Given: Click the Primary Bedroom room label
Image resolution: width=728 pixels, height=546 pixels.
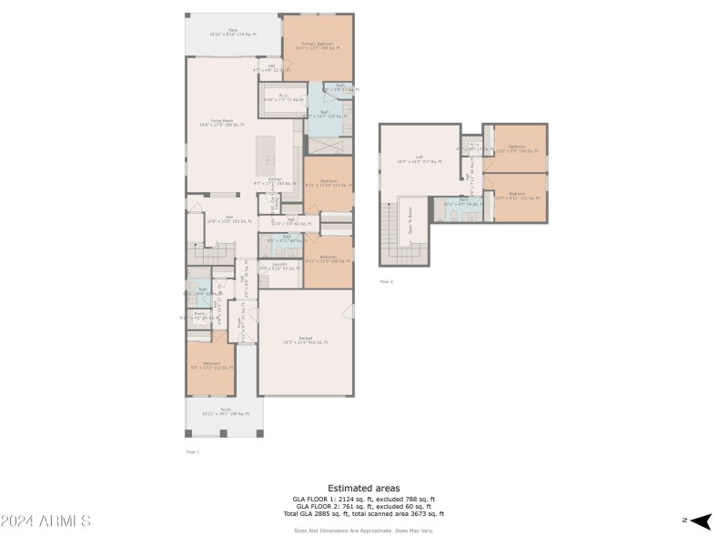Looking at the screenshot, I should (318, 45).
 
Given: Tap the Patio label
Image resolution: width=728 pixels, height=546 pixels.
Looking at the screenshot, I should (233, 34).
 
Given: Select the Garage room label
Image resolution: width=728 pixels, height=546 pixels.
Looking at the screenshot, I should (306, 341).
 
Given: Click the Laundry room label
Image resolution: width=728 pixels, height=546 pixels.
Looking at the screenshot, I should (279, 267).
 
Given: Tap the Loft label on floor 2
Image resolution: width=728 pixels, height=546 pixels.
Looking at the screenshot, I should (419, 159).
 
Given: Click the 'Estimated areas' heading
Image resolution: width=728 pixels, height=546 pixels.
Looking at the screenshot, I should (364, 489).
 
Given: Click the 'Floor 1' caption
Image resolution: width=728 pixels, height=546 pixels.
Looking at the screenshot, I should (192, 451).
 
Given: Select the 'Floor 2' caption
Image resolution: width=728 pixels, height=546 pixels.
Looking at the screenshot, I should (387, 282).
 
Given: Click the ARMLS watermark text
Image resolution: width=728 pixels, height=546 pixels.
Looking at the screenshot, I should (45, 521).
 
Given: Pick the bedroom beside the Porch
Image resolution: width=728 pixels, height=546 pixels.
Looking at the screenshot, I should (211, 368).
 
